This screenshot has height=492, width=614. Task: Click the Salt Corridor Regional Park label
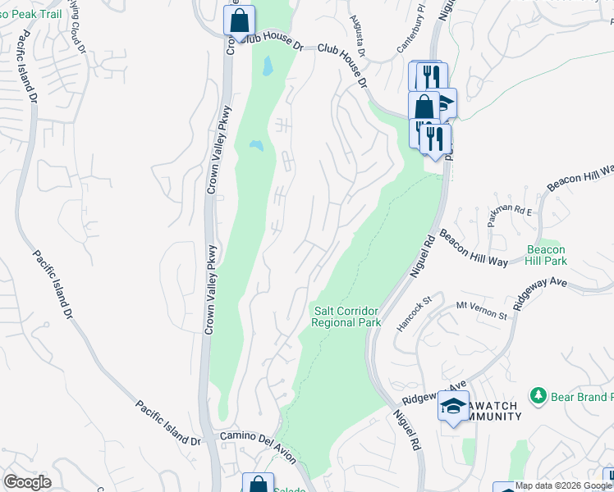[x=346, y=316]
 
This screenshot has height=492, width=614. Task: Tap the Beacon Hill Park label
[x=546, y=255]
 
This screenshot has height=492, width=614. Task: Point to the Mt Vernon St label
[x=477, y=307]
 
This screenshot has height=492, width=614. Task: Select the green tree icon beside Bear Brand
[x=538, y=397]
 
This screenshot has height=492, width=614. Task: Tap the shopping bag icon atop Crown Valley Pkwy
[x=239, y=20]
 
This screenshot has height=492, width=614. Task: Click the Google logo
[x=27, y=482]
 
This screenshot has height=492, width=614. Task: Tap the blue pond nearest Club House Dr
[x=267, y=66]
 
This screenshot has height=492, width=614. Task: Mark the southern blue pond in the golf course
[x=256, y=146]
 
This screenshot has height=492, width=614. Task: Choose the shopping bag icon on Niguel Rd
[x=424, y=107]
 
